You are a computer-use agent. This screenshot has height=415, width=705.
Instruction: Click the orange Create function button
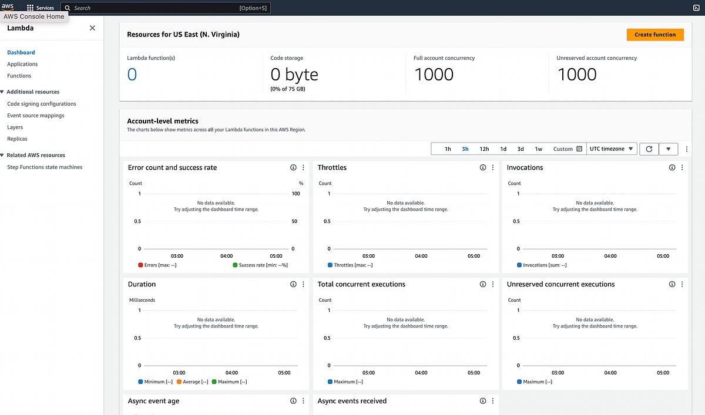[x=655, y=35]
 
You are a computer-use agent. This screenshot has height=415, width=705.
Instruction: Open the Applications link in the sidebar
[x=22, y=64]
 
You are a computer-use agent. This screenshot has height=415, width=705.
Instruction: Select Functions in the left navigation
[x=19, y=76]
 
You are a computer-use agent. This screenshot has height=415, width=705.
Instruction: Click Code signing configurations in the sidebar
[x=41, y=104]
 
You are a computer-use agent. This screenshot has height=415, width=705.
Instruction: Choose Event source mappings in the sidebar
[x=36, y=116]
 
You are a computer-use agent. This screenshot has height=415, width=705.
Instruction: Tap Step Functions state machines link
[x=45, y=167]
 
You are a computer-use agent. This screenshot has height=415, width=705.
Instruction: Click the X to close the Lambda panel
[x=92, y=28]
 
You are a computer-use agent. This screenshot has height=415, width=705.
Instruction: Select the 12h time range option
[x=484, y=149]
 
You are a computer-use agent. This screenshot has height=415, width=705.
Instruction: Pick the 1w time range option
[x=539, y=149]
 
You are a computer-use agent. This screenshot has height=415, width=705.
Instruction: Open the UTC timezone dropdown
[x=612, y=149]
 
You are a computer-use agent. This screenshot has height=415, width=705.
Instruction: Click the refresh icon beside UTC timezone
[x=649, y=149]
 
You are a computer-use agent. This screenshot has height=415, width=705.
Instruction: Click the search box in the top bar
[x=164, y=8]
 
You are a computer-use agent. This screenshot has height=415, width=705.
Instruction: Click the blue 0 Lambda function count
[x=132, y=75]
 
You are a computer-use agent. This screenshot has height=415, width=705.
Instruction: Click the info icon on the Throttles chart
[x=483, y=168]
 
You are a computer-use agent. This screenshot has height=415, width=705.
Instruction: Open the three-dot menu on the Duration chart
[x=303, y=284]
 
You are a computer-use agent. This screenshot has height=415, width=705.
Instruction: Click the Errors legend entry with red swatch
[x=157, y=265]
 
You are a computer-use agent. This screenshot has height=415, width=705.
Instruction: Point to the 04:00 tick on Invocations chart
[x=610, y=256]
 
